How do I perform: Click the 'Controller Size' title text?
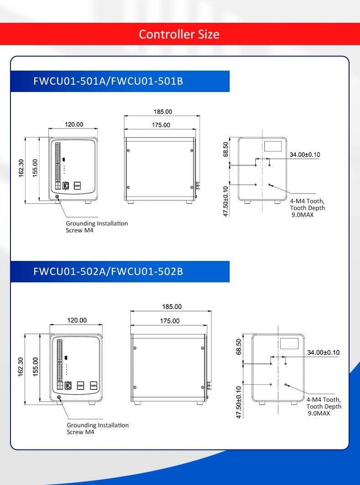[x=179, y=34]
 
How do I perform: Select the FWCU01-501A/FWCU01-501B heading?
[x=108, y=81]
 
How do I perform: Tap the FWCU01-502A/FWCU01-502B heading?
[x=108, y=271]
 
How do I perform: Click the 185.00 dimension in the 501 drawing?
[x=163, y=112]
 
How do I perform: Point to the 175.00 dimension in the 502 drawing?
[x=170, y=321]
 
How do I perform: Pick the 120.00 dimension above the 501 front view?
[x=74, y=124]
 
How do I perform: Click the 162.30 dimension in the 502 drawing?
[x=21, y=367]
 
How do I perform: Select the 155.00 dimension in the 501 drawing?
[x=35, y=168]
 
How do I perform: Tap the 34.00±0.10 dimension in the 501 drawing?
[x=305, y=155]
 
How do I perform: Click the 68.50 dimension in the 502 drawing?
[x=239, y=347]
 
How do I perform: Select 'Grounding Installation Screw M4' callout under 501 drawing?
[x=97, y=227]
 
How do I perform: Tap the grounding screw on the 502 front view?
[x=59, y=398]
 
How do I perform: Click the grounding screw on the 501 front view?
[x=57, y=196]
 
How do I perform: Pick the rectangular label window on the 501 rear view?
[x=273, y=146]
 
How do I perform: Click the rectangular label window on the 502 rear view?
[x=289, y=344]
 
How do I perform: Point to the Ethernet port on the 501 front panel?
[x=66, y=186]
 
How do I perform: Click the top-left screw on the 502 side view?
[x=134, y=348]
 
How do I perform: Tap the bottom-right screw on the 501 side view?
[x=192, y=187]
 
